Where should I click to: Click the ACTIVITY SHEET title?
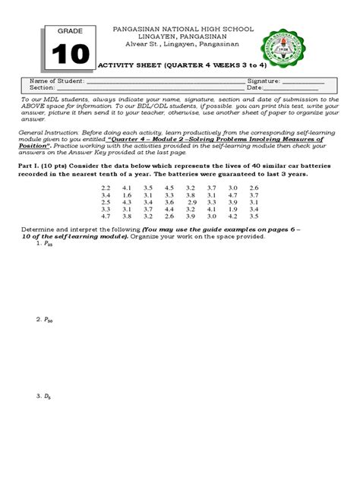(176, 65)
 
